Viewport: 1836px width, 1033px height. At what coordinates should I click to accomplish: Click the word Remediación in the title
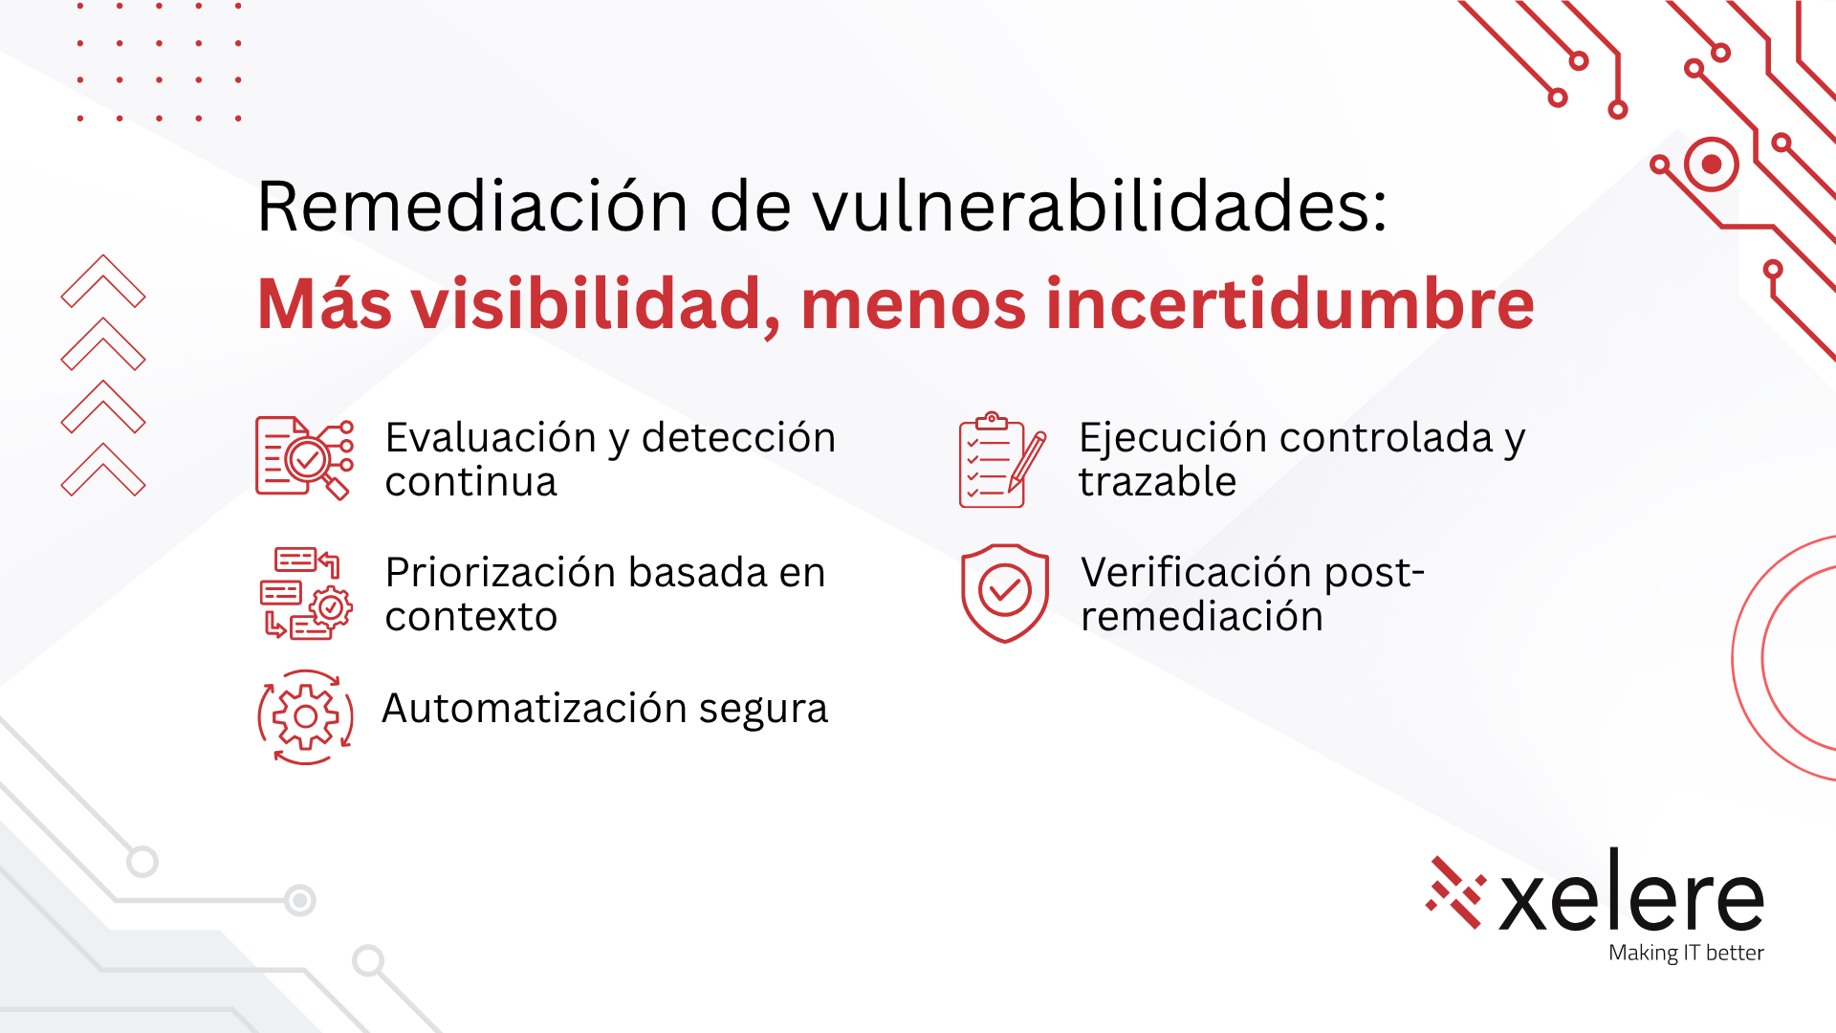(473, 206)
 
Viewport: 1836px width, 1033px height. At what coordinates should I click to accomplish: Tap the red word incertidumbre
(1290, 304)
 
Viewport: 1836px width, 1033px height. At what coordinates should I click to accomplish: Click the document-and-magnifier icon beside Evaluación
(304, 458)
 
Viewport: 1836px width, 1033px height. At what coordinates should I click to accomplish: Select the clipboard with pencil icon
(1002, 460)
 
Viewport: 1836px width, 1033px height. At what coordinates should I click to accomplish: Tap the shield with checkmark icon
(1005, 593)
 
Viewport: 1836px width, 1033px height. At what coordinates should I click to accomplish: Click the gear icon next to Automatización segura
(305, 716)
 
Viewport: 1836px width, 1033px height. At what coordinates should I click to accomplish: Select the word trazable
(1157, 482)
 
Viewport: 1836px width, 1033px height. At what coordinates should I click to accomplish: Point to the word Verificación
(1196, 572)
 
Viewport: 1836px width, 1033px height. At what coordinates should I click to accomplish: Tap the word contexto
(470, 617)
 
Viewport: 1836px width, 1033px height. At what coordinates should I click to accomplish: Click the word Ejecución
(1173, 439)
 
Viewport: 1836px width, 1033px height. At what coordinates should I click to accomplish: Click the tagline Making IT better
(1686, 953)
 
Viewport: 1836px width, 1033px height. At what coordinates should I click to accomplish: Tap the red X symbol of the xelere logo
(1455, 892)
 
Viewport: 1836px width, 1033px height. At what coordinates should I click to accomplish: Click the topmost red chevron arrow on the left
(103, 281)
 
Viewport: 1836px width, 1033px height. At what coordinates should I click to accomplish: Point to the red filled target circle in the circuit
(1712, 165)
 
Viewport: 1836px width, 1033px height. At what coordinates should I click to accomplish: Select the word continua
(470, 482)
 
